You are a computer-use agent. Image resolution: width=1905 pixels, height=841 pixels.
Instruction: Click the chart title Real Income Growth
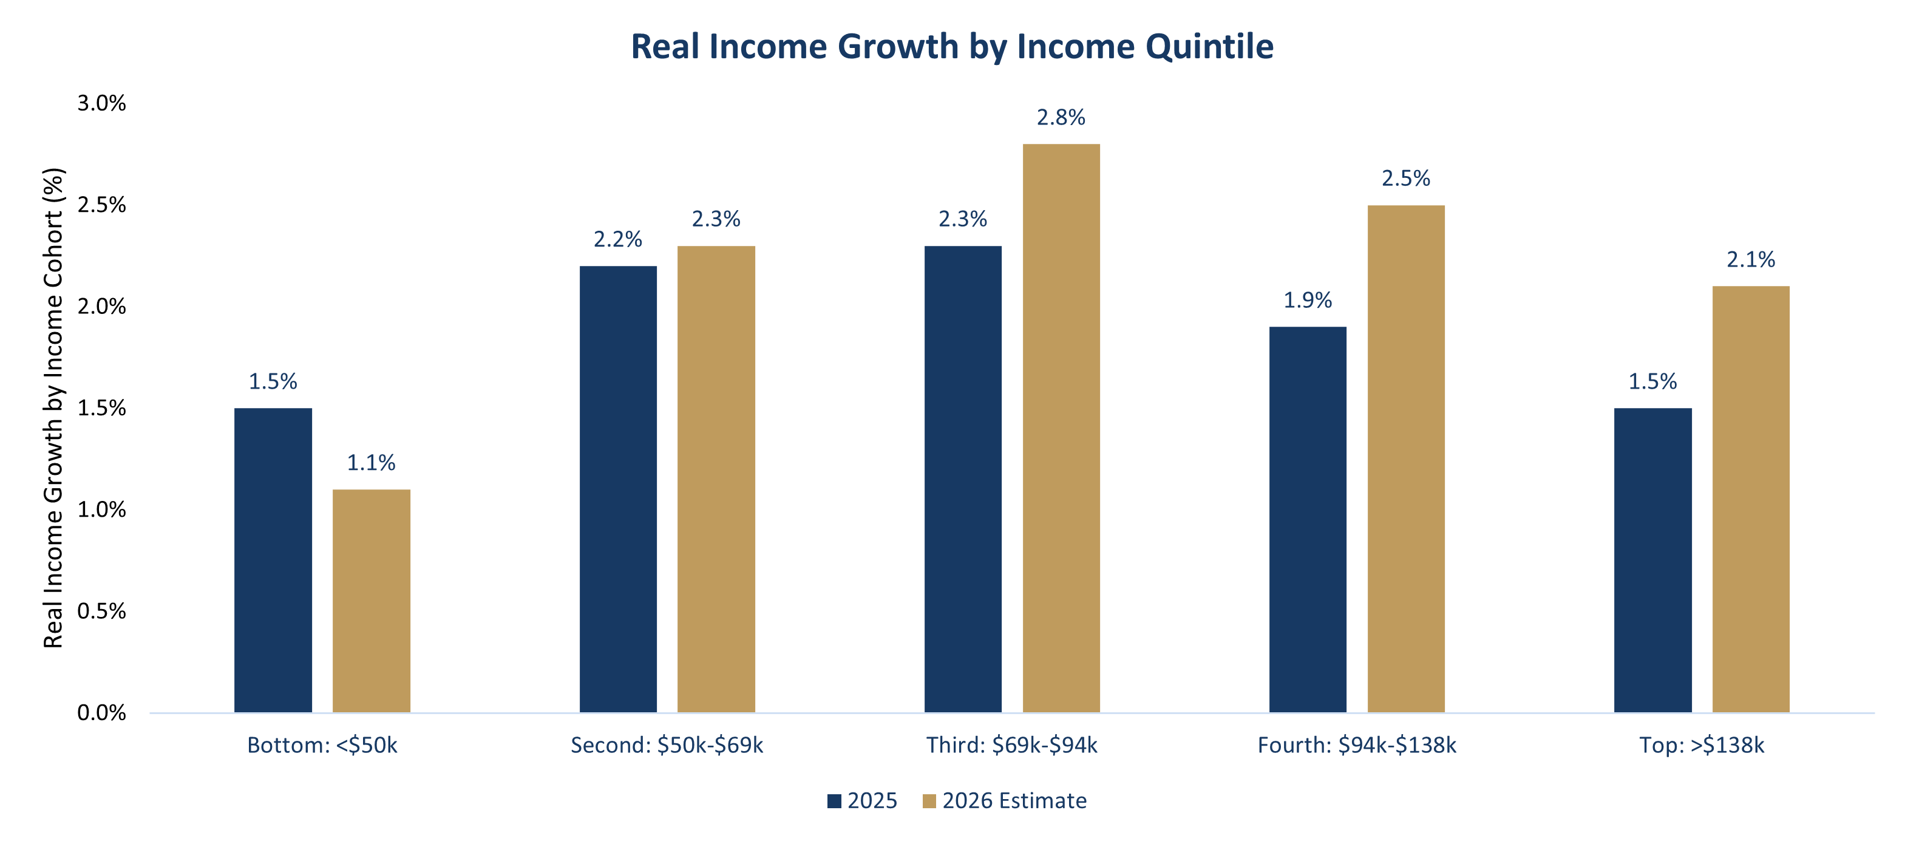952,47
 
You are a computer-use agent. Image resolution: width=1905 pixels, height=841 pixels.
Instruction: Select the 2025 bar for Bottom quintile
273,560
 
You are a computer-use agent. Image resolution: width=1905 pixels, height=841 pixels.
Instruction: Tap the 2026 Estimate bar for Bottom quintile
372,601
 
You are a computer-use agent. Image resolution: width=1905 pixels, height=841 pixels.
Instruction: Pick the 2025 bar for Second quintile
618,489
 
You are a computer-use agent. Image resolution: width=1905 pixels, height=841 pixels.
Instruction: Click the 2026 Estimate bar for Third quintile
1061,427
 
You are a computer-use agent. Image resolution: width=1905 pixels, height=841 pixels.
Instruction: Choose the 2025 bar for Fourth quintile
1308,519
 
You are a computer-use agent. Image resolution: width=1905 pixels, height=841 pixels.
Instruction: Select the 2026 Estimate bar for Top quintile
1750,499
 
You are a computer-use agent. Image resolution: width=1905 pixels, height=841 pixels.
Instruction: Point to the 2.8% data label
1061,118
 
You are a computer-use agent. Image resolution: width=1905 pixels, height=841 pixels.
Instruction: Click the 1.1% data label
372,463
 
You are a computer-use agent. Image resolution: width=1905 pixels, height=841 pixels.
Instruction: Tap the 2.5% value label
1406,179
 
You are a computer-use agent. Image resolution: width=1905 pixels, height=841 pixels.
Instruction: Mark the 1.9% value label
1308,301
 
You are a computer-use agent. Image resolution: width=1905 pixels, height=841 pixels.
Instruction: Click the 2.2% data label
618,240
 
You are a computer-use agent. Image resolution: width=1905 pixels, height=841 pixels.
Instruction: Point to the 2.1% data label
1750,260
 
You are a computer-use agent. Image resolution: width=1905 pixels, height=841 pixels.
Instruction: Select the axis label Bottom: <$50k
322,745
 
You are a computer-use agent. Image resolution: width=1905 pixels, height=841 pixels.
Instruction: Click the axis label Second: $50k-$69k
667,745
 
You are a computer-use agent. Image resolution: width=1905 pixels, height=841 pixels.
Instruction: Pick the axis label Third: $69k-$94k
1011,745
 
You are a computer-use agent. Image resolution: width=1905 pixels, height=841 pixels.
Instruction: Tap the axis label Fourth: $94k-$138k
1357,745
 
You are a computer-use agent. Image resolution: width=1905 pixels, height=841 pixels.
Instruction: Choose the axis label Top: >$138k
1702,745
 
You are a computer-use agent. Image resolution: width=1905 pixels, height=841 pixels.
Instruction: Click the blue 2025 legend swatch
834,801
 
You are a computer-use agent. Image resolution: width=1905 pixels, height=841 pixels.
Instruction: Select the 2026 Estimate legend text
1014,801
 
